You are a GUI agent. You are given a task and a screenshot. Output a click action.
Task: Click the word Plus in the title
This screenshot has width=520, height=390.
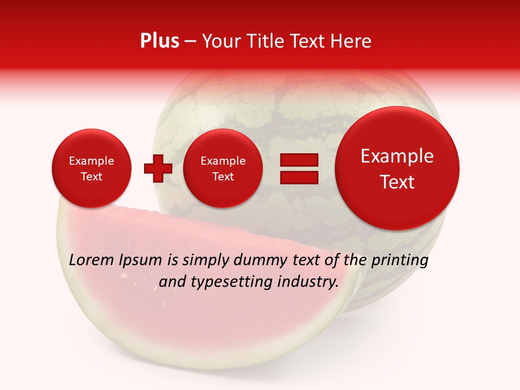159,41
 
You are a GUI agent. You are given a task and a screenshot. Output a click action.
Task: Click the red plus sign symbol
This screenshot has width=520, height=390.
158,168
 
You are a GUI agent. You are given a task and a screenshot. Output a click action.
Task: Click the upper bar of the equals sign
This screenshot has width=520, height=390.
298,160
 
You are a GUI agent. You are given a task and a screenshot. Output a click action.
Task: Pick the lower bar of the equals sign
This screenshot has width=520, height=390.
298,178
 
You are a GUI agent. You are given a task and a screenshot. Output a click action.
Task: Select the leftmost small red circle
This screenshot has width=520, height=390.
91,168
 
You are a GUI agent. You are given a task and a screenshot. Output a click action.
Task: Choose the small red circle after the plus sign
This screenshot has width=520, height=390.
223,168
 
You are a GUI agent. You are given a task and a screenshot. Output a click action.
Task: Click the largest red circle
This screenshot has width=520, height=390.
397,168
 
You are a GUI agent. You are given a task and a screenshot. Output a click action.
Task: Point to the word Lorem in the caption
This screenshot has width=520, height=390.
91,261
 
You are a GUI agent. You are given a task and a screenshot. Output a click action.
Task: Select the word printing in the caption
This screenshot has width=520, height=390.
399,261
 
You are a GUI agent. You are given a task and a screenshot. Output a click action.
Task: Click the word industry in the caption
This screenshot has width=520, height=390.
309,282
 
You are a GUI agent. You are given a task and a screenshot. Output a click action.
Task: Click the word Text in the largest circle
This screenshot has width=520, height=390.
397,182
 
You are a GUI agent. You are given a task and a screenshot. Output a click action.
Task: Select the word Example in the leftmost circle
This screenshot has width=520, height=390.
91,161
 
